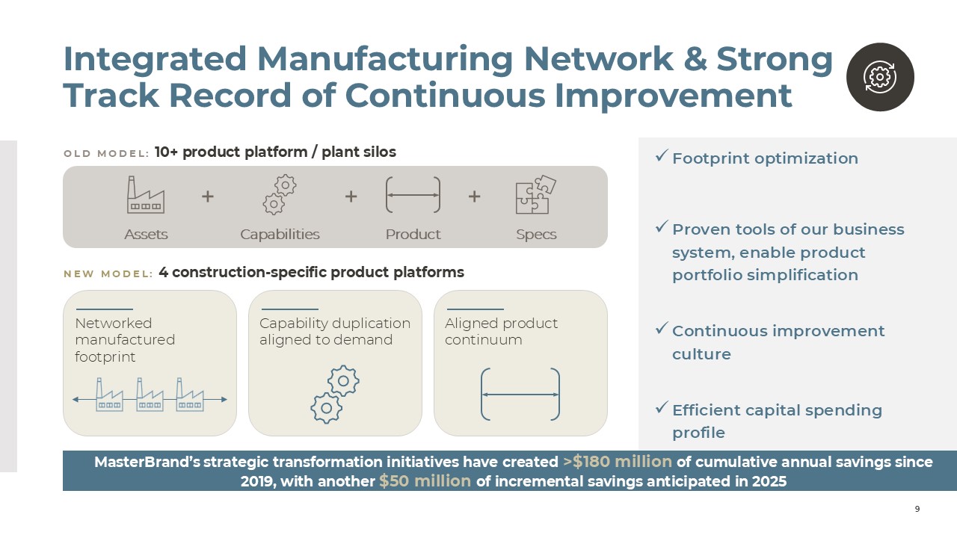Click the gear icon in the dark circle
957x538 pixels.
(x=880, y=77)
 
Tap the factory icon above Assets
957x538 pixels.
(x=146, y=195)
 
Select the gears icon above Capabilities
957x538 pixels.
(x=280, y=194)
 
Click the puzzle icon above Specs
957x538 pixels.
(x=536, y=194)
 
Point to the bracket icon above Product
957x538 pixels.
(x=413, y=195)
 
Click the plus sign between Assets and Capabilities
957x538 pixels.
(x=208, y=197)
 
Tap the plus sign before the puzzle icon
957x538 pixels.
(x=474, y=197)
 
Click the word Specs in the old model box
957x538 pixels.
(x=536, y=235)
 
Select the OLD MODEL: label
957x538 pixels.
(x=106, y=153)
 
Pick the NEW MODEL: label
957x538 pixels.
(x=108, y=273)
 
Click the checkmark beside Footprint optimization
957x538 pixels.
(x=662, y=156)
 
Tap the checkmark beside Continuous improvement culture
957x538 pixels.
(x=662, y=328)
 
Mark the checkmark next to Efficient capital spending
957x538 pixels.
(x=662, y=407)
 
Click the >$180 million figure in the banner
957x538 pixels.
(x=618, y=462)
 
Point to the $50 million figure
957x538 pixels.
(x=425, y=481)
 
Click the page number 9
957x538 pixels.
(x=917, y=509)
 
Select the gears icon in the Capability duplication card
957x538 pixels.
(x=335, y=395)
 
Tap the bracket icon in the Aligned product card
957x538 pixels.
(x=520, y=394)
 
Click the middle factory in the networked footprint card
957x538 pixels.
(x=150, y=395)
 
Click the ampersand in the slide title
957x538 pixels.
(x=695, y=59)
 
